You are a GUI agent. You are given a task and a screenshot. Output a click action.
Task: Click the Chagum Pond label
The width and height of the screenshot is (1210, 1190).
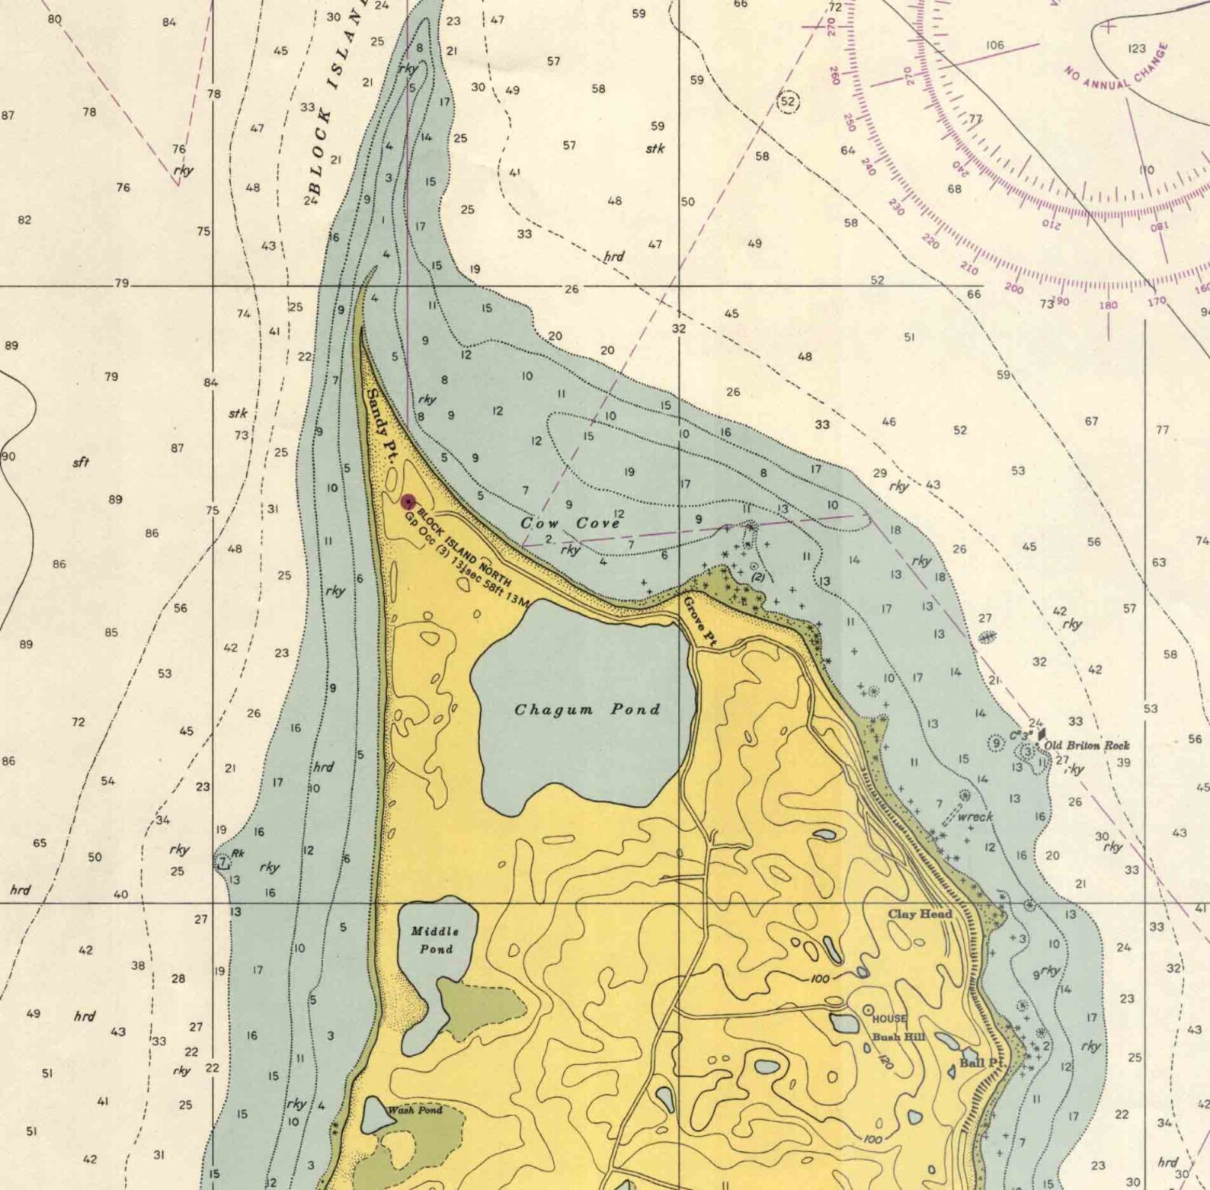coord(587,709)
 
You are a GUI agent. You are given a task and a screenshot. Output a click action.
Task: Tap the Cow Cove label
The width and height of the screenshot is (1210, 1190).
coord(570,523)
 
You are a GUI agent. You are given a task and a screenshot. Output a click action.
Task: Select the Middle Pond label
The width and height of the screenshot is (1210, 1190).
coord(435,940)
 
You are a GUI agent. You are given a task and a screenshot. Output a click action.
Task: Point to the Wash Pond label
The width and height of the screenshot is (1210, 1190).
coord(415,1110)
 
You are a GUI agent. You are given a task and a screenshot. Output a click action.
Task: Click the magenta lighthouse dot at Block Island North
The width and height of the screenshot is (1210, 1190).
coord(408,501)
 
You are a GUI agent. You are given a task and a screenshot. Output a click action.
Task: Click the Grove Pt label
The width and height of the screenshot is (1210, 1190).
coord(699,621)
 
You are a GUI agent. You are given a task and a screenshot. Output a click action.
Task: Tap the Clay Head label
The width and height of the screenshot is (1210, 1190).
coord(920,913)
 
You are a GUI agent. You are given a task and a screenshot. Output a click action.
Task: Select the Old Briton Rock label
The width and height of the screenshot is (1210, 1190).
coord(1087,745)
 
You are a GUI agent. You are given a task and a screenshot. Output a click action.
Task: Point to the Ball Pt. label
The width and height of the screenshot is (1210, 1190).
coord(982,1063)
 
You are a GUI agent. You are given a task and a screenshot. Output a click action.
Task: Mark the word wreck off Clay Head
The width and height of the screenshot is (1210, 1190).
coord(975,817)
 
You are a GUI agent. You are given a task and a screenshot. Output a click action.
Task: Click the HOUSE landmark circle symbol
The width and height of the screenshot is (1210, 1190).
coord(867,1010)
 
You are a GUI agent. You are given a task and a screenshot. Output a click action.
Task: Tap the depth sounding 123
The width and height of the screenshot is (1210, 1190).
coord(1136,49)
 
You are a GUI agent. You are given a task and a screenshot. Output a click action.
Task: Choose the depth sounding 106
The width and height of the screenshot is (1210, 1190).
coord(994,46)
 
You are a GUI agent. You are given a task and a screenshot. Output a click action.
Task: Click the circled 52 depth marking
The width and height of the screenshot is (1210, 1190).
coord(788,101)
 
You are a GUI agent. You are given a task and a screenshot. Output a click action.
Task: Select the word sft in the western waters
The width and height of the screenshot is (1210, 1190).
coord(81,462)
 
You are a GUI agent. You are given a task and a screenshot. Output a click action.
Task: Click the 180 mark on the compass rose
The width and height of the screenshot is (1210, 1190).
coord(1108,305)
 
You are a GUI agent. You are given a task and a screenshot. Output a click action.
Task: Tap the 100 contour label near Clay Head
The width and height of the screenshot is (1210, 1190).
coord(820,977)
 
